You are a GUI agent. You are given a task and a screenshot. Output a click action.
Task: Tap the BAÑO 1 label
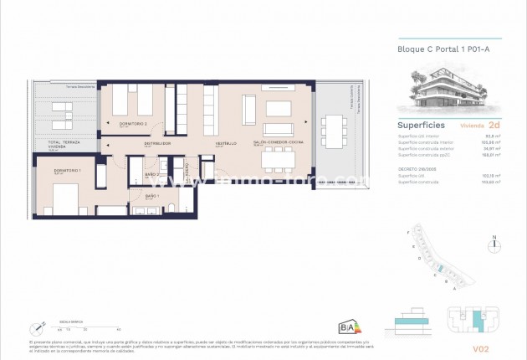pos(152,196)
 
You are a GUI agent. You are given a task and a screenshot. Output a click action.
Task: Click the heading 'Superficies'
pos(421,125)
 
